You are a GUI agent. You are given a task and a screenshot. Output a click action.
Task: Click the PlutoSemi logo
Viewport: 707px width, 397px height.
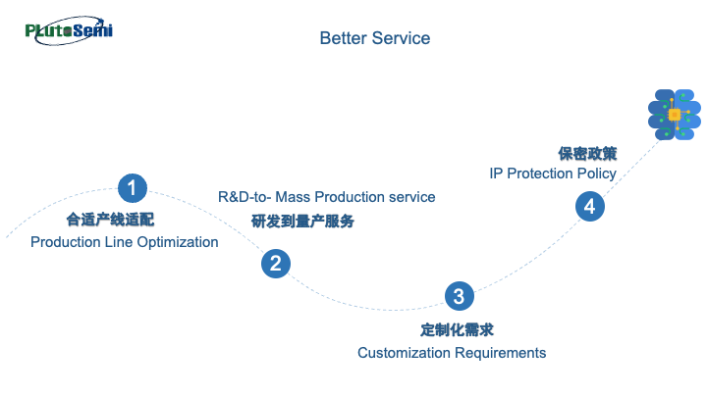69,29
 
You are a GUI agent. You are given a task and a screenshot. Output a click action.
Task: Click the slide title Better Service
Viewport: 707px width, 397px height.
375,38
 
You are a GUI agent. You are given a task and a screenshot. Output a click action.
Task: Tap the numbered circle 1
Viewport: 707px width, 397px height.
133,187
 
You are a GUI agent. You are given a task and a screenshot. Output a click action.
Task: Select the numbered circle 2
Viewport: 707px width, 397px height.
276,263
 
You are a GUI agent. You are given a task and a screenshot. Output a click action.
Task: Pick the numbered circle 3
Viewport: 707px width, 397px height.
459,296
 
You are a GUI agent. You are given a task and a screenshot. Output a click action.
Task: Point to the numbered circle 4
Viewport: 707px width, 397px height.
589,206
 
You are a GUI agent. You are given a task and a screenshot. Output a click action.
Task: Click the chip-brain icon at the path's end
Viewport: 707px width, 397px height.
675,115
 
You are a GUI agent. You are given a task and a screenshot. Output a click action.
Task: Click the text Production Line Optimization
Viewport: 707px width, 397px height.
125,242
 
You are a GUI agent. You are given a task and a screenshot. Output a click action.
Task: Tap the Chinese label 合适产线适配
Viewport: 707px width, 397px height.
110,220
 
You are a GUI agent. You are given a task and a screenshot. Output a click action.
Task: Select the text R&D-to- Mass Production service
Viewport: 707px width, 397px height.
326,197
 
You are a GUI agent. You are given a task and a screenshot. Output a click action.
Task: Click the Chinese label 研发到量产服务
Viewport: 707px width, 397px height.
302,222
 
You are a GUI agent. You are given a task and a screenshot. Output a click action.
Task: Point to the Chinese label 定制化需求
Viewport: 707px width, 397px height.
451,329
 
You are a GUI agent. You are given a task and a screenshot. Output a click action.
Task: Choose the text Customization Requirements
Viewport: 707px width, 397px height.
452,353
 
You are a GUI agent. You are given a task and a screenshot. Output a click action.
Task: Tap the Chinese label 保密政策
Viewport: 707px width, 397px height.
587,153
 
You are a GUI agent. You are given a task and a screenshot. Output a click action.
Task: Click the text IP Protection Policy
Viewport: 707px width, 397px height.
553,174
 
